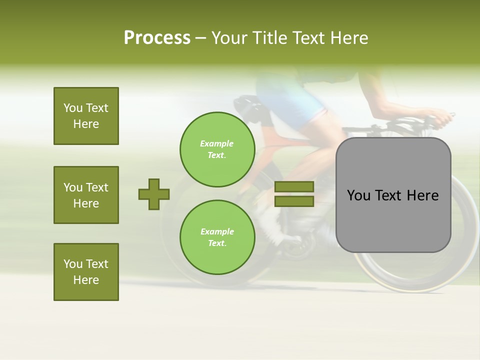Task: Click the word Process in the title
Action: click(157, 38)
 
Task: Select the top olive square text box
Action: click(86, 116)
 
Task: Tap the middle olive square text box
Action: click(86, 195)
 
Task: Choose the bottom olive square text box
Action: click(86, 272)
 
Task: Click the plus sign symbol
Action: click(154, 194)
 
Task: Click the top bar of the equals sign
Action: click(294, 186)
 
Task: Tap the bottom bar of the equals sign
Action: click(294, 201)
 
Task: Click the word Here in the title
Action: click(348, 38)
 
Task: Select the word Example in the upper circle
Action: click(217, 143)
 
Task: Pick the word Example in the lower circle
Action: click(217, 231)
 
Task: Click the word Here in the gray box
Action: click(422, 195)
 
